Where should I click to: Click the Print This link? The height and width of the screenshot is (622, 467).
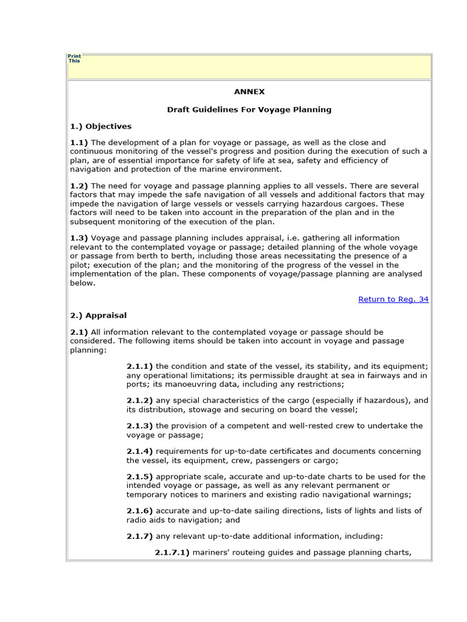point(74,58)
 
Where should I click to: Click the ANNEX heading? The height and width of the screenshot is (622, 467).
point(249,92)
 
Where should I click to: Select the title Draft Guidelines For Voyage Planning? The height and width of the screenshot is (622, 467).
point(249,109)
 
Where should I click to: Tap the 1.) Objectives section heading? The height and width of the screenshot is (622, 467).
point(100,126)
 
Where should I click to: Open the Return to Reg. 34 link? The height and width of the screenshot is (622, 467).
point(393,299)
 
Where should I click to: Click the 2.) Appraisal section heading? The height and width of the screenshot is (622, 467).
point(98,315)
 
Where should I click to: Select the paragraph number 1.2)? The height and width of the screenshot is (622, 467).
point(79,185)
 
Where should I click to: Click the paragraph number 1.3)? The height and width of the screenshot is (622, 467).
point(79,238)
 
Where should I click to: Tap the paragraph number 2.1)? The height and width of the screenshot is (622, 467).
point(79,332)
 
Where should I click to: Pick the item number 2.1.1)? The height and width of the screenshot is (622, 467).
point(140,366)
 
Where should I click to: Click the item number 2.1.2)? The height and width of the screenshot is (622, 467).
point(140,400)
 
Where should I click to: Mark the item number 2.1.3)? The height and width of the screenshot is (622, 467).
point(140,426)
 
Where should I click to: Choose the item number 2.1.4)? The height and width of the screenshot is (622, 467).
point(140,451)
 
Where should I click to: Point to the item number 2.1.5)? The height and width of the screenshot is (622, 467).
point(140,477)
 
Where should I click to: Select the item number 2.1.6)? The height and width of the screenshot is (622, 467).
point(140,511)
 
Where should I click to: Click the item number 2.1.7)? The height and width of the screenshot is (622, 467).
point(140,536)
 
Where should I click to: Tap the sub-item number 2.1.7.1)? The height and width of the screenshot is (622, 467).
point(172,552)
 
